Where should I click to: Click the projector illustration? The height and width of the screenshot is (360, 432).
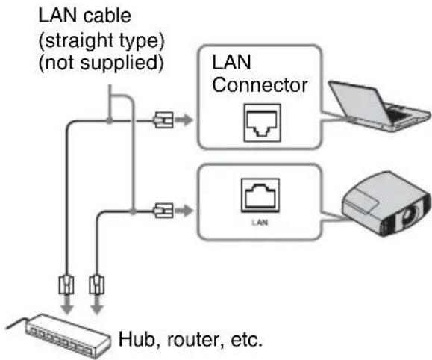pyautogui.click(x=386, y=204)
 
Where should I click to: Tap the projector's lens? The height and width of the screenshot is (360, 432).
pyautogui.click(x=409, y=214)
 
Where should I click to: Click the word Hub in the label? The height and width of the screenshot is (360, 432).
pyautogui.click(x=137, y=339)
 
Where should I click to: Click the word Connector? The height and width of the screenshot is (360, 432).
pyautogui.click(x=260, y=85)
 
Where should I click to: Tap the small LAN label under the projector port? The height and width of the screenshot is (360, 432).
pyautogui.click(x=260, y=223)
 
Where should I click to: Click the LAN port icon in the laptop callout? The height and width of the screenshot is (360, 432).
pyautogui.click(x=263, y=122)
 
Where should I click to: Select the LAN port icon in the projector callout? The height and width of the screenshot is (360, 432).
pyautogui.click(x=260, y=196)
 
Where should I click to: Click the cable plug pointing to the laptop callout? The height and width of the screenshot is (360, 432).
pyautogui.click(x=163, y=120)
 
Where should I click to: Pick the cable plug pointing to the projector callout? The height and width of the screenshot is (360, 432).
pyautogui.click(x=163, y=211)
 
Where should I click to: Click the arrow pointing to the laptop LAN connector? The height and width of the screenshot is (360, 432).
pyautogui.click(x=184, y=120)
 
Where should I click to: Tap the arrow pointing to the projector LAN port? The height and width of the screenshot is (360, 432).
pyautogui.click(x=184, y=211)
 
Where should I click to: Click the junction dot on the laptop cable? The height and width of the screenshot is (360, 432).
pyautogui.click(x=110, y=120)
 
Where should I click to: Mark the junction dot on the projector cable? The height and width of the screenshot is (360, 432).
pyautogui.click(x=133, y=211)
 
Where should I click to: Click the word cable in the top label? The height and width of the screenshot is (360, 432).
pyautogui.click(x=107, y=16)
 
